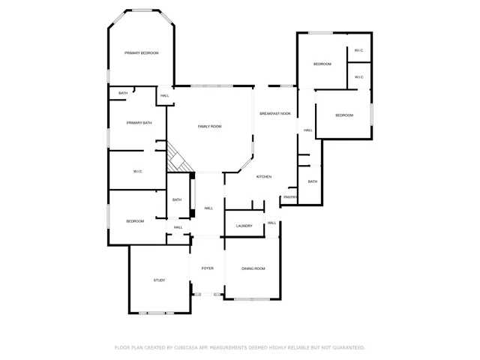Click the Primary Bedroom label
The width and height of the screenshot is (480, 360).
[142, 52]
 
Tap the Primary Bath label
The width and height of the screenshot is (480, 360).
[139, 122]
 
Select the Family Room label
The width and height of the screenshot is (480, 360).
[209, 126]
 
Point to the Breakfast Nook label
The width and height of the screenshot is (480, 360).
[275, 113]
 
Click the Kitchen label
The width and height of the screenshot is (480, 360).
[264, 176]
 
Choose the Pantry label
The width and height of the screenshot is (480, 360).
[290, 197]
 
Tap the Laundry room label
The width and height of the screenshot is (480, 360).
[244, 226]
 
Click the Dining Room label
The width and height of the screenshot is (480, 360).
[253, 268]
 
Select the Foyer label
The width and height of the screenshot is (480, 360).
[207, 268]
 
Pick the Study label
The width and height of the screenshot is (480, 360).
[159, 280]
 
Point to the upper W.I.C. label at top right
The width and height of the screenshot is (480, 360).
[359, 51]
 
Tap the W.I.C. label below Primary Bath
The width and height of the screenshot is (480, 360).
[138, 172]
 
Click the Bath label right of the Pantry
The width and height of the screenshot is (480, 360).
[312, 181]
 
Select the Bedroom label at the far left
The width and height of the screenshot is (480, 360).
[135, 221]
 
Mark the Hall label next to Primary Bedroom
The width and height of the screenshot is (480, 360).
[165, 95]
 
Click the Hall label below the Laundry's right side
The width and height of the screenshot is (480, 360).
[271, 223]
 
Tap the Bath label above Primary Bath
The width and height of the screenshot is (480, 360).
[123, 93]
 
